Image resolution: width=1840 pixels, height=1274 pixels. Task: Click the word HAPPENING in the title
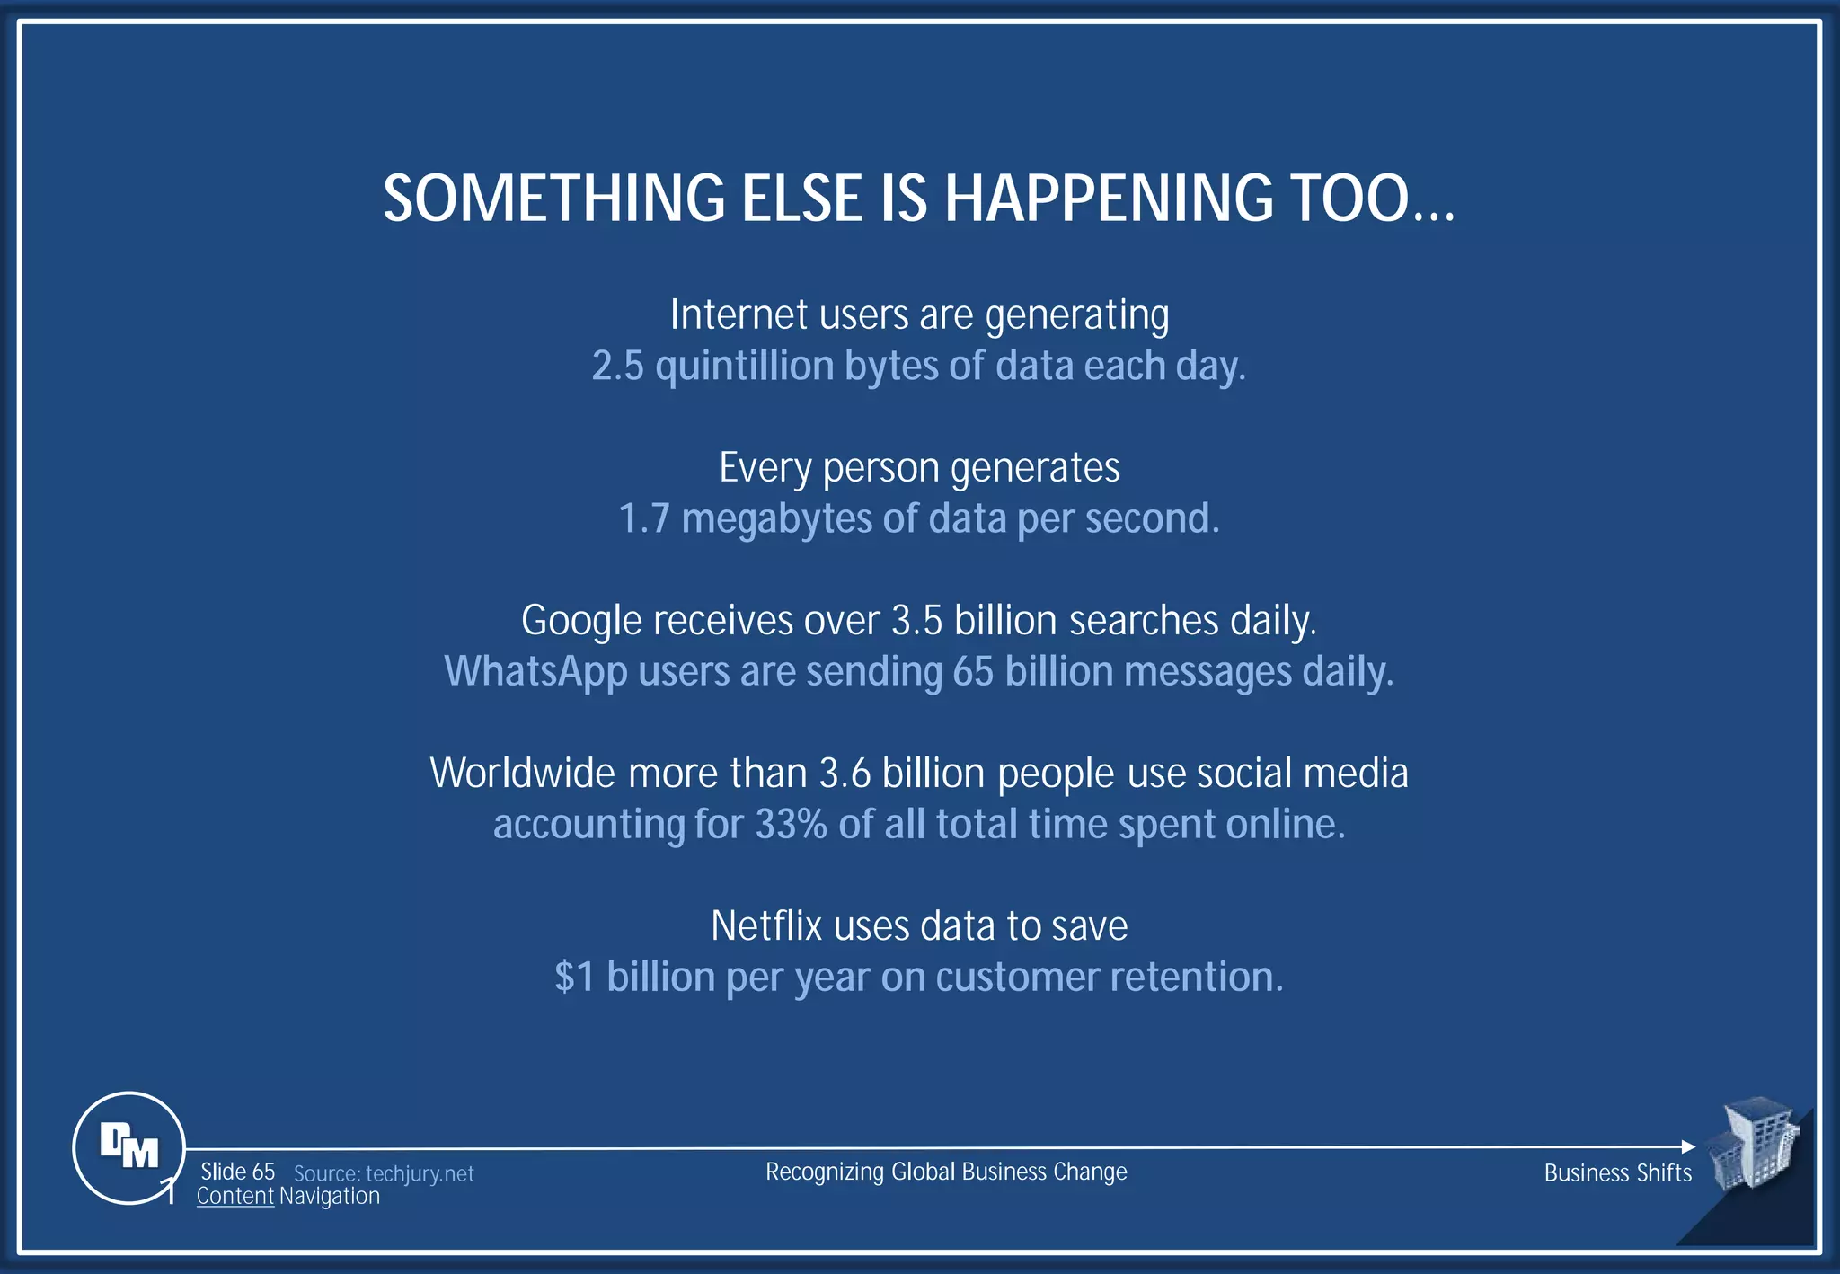pos(1109,199)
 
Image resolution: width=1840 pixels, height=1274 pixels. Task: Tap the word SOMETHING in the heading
pos(553,199)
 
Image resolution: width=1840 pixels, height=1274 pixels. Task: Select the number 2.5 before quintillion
pos(617,367)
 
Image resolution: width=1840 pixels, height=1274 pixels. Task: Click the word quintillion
pos(745,367)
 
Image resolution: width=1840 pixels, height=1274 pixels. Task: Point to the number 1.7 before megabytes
pos(644,519)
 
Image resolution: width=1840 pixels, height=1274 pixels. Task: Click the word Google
pos(581,622)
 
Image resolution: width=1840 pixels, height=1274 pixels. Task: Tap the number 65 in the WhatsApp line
pos(973,672)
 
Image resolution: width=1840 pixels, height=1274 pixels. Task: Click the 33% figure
pos(791,825)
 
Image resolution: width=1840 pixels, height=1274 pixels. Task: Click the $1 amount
pos(575,978)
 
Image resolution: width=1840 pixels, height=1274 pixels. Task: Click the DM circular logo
pos(128,1147)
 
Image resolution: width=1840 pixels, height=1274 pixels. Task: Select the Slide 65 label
pos(237,1172)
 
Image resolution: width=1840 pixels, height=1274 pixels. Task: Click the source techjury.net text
pos(384,1174)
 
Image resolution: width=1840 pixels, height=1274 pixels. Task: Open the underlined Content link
pos(234,1197)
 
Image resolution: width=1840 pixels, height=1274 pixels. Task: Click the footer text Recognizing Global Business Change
pos(946,1172)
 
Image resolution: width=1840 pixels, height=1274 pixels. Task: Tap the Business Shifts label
pos(1617,1173)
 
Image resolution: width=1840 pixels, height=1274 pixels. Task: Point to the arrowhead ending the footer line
pos(1688,1146)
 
